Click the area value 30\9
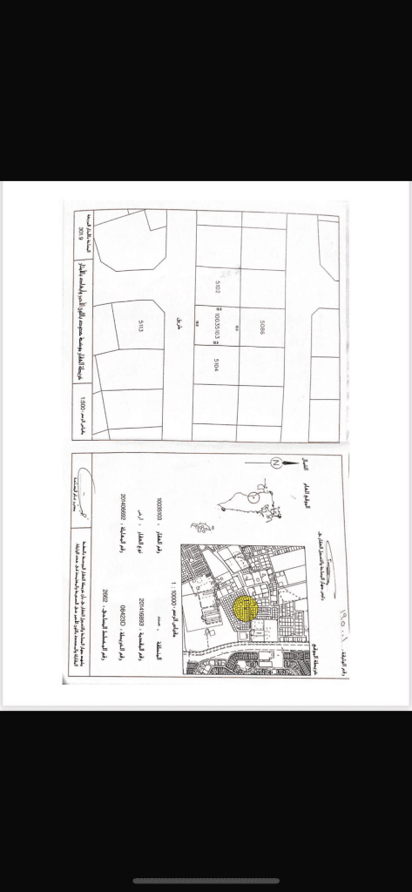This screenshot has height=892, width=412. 82,235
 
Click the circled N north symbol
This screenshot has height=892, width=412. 275,462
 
